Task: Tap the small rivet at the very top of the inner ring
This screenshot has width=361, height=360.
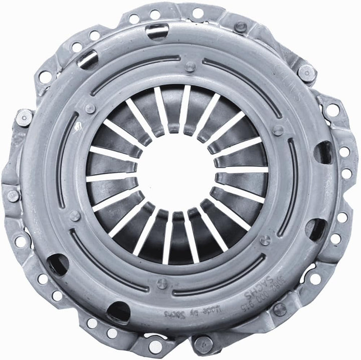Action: [190, 66]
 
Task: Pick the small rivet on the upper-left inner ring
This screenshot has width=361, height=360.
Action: [90, 108]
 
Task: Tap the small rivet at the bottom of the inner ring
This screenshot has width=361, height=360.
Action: [161, 283]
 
